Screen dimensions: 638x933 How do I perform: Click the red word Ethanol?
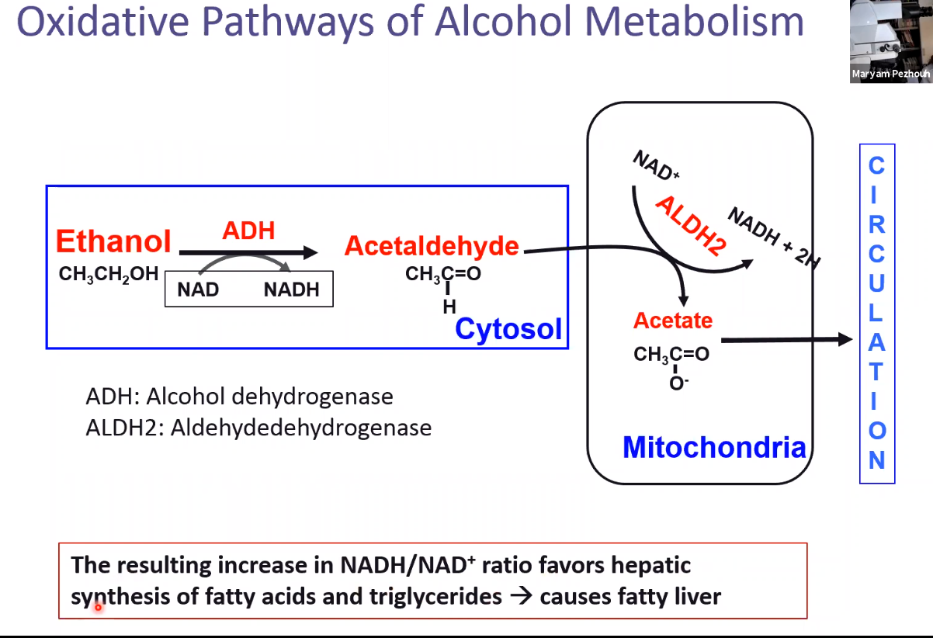coord(113,241)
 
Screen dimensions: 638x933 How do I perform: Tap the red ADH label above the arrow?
coord(248,230)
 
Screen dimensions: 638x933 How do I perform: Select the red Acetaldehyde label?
coord(432,246)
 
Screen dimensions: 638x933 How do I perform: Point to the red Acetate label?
coord(672,320)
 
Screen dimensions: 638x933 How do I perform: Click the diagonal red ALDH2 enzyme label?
coord(690,226)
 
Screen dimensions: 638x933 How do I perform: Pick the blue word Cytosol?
coord(508,329)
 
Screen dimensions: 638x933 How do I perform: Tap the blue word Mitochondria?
coord(714,447)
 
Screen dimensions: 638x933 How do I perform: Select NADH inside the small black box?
coord(291,290)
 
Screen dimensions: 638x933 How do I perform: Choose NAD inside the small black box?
coord(198,290)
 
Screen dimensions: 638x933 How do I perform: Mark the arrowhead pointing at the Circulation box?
coord(845,339)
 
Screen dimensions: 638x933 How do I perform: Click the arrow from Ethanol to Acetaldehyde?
coord(248,252)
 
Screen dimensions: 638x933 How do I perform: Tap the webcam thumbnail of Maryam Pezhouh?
coord(890,41)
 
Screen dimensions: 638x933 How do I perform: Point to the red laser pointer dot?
coord(99,608)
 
